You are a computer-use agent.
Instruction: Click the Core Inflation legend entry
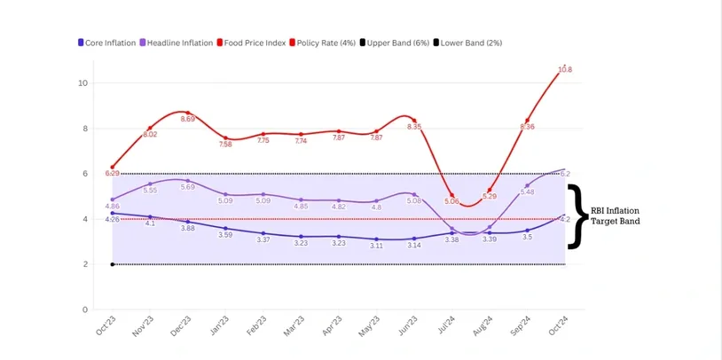pyautogui.click(x=106, y=43)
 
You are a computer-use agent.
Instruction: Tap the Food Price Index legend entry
pyautogui.click(x=254, y=43)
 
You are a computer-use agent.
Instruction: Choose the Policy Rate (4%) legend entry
pyautogui.click(x=326, y=43)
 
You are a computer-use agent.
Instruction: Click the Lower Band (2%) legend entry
pyautogui.click(x=471, y=43)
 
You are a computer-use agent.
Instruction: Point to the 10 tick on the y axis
pyautogui.click(x=83, y=83)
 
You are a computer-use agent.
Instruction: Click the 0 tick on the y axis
pyautogui.click(x=85, y=309)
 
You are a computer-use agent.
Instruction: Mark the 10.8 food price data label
pyautogui.click(x=565, y=69)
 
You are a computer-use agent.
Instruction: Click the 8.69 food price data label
pyautogui.click(x=188, y=119)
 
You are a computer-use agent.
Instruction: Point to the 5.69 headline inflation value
pyautogui.click(x=188, y=187)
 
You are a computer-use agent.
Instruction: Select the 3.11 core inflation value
pyautogui.click(x=376, y=246)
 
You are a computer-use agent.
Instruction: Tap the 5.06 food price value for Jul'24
pyautogui.click(x=452, y=201)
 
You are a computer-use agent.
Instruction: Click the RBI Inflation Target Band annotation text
pyautogui.click(x=616, y=216)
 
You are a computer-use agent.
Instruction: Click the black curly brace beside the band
pyautogui.click(x=577, y=216)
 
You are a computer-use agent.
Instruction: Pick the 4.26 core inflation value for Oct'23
pyautogui.click(x=113, y=219)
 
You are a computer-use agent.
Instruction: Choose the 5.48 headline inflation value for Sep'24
pyautogui.click(x=527, y=192)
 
